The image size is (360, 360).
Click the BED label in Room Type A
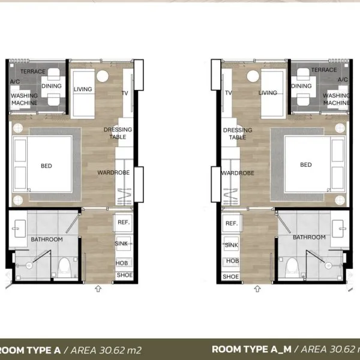46,166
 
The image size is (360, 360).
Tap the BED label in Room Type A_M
306,164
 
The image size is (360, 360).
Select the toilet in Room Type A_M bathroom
292,267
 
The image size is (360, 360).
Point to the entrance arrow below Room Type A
98,289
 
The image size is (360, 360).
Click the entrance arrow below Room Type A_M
257,289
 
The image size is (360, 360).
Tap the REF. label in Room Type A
124,222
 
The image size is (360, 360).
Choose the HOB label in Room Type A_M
232,261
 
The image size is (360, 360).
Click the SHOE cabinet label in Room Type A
125,275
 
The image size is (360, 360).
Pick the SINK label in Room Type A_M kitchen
232,245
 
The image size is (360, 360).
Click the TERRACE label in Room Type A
33,71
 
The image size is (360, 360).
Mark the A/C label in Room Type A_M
343,79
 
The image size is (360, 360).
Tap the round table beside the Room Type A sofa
103,76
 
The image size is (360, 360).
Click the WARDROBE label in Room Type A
113,172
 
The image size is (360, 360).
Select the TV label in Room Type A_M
229,93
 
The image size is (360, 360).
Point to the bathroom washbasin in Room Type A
20,229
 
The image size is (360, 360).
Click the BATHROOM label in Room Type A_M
309,237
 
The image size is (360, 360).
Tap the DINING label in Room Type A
52,86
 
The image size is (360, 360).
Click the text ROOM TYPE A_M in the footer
251,349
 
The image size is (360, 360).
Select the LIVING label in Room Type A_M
268,93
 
